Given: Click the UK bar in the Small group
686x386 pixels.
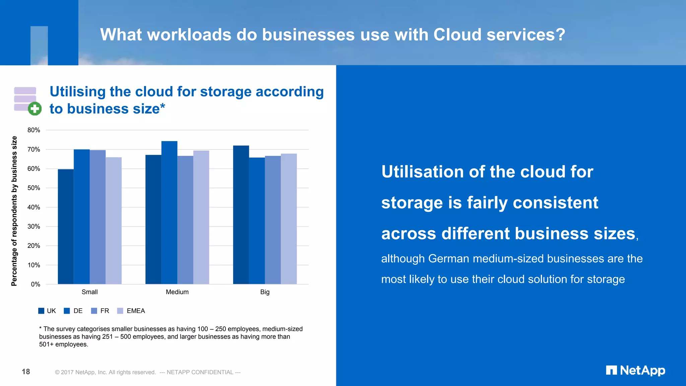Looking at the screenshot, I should point(66,227).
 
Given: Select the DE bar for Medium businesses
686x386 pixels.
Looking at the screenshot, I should point(169,213).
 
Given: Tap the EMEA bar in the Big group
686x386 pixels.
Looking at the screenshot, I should point(289,219).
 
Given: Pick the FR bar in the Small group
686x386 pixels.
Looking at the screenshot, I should point(97,217).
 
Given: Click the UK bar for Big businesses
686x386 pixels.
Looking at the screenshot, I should point(241,215).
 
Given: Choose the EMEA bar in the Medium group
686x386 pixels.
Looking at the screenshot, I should point(201,217).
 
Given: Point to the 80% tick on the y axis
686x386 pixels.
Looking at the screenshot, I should point(34,130).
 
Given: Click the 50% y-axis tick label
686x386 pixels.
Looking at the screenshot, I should point(34,188).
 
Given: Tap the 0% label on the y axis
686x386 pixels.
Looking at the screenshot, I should point(36,284).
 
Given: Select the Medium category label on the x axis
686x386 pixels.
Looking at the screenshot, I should point(177,292).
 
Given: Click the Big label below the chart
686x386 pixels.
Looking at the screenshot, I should point(265,292).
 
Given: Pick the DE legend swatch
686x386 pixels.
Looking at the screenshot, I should point(67,311).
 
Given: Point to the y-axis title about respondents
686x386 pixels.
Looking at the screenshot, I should point(14,211).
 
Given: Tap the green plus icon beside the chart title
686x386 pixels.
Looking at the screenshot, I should point(35,109).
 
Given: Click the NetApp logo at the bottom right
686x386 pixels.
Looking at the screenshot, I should point(635,370).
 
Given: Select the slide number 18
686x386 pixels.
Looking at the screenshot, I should point(26,372).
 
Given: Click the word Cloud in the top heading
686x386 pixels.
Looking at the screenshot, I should point(457,35).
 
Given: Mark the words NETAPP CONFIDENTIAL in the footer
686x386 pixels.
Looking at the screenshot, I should point(200,372).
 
